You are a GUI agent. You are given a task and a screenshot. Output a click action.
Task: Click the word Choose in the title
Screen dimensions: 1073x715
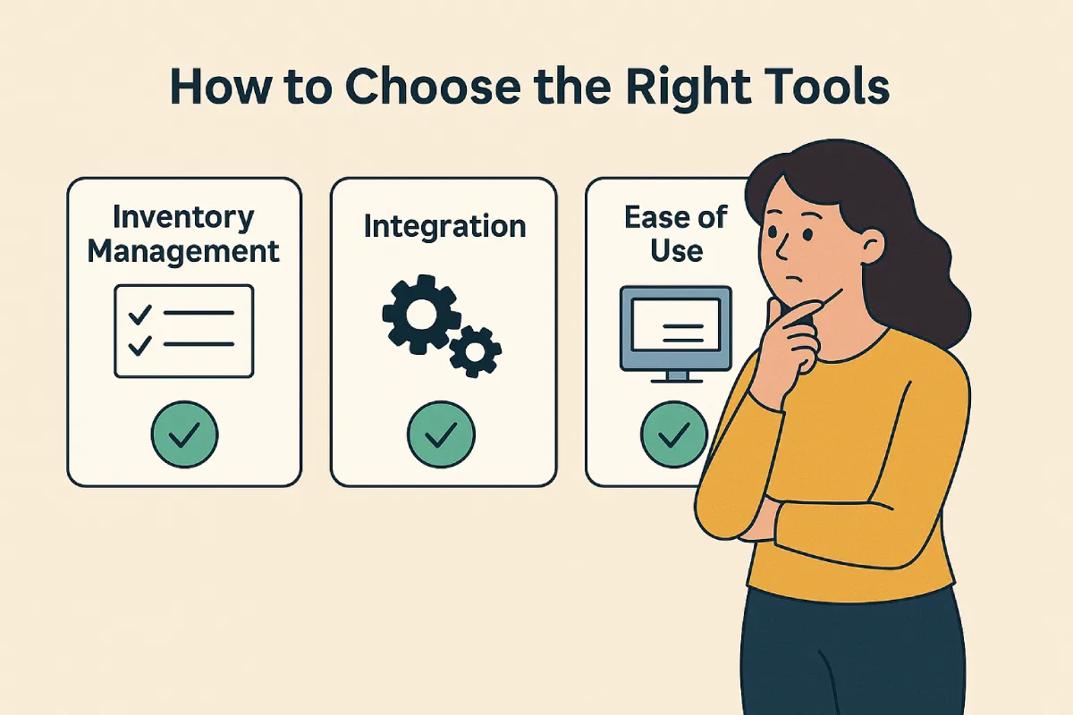pyautogui.click(x=433, y=87)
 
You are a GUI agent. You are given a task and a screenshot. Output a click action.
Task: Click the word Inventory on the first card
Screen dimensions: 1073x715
pyautogui.click(x=183, y=219)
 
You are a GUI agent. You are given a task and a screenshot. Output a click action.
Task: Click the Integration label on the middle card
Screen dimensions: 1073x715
pyautogui.click(x=444, y=227)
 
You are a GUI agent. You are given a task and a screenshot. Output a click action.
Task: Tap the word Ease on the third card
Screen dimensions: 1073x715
pyautogui.click(x=654, y=217)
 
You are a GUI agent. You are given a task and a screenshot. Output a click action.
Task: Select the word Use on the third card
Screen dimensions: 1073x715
pyautogui.click(x=676, y=250)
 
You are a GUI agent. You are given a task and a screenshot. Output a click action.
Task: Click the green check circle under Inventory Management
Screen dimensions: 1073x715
pyautogui.click(x=184, y=434)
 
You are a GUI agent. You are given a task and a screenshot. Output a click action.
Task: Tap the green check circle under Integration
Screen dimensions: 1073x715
pyautogui.click(x=441, y=434)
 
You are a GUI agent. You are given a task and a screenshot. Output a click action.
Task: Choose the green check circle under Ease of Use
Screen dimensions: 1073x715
pyautogui.click(x=673, y=434)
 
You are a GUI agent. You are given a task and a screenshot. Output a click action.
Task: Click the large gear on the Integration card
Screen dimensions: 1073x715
pyautogui.click(x=421, y=315)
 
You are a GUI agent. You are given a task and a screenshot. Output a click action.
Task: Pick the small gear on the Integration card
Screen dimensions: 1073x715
pyautogui.click(x=475, y=352)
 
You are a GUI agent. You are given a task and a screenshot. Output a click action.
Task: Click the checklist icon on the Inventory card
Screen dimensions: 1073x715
pyautogui.click(x=184, y=332)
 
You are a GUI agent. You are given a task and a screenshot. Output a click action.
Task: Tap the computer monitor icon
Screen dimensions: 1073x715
pyautogui.click(x=676, y=334)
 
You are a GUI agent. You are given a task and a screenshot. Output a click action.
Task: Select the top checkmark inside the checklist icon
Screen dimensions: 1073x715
pyautogui.click(x=139, y=315)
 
